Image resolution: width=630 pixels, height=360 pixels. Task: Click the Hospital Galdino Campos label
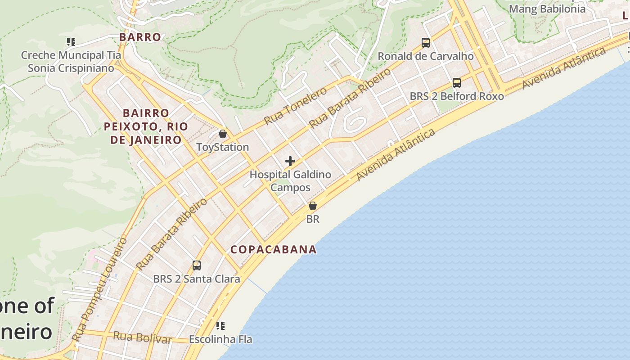(290, 181)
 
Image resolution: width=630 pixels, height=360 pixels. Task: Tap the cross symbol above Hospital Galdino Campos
(290, 161)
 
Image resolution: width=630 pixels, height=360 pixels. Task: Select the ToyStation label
(223, 147)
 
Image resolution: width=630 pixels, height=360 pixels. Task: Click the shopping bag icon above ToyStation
(222, 134)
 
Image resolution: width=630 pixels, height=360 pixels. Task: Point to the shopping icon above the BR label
(312, 206)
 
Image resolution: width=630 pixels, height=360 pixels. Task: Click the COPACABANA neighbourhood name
(274, 249)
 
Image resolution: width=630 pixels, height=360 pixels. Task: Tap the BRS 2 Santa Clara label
(197, 279)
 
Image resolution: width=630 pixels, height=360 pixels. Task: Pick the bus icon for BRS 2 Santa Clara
(197, 265)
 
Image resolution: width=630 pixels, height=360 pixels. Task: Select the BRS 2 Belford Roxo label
(457, 96)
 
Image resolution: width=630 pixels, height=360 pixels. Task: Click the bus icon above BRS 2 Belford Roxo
(457, 83)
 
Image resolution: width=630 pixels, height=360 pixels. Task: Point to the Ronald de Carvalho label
(426, 56)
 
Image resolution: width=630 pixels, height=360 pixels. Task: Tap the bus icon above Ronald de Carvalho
(426, 43)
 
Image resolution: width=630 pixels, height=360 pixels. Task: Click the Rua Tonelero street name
(295, 106)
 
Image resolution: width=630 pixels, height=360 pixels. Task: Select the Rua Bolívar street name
(142, 337)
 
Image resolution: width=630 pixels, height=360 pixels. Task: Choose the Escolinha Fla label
(220, 339)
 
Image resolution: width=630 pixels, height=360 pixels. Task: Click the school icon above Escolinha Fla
(220, 325)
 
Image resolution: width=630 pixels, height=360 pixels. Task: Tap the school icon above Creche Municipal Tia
(71, 42)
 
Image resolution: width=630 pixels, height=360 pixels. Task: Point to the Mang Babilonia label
(547, 9)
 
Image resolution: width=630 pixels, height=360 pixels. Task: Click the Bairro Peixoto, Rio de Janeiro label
(146, 126)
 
